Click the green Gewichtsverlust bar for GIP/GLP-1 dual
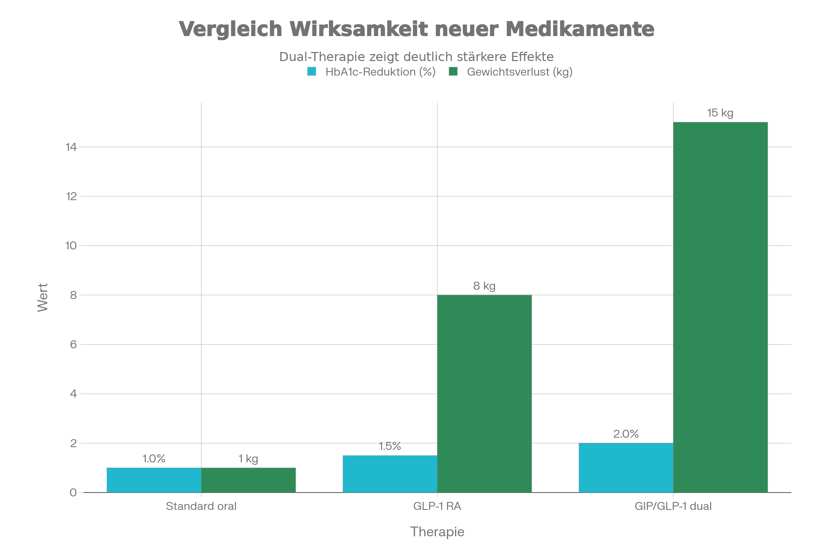point(721,307)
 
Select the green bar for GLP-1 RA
point(485,394)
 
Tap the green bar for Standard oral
point(248,480)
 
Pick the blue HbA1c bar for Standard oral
point(154,480)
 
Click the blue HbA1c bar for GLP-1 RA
point(389,473)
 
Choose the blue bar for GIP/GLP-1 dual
point(626,468)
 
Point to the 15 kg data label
point(720,113)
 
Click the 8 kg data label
point(484,286)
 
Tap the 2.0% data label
point(626,434)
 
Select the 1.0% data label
point(154,459)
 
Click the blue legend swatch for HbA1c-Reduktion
point(312,72)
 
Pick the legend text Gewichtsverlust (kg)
point(520,72)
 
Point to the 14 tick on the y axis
point(71,147)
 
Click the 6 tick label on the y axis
point(73,344)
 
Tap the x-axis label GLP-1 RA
point(437,506)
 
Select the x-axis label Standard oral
point(201,506)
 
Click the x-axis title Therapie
point(437,532)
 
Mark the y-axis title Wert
point(43,297)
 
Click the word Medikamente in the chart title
point(582,29)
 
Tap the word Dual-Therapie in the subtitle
point(322,57)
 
